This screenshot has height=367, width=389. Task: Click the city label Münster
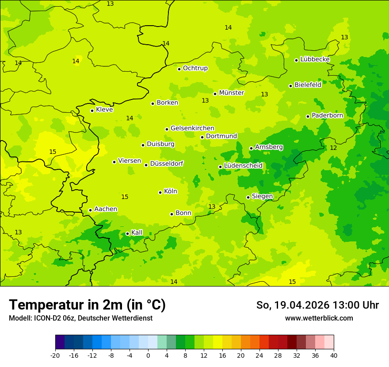tap(232, 93)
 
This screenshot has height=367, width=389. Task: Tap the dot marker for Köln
tap(160, 192)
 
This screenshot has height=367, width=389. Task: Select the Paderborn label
tap(328, 115)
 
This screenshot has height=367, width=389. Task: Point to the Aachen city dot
tap(91, 210)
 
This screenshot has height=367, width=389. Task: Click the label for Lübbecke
tap(315, 59)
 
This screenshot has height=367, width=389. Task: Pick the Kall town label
tap(137, 233)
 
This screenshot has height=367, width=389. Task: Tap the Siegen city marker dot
tap(248, 197)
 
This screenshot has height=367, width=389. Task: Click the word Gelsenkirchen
tap(192, 128)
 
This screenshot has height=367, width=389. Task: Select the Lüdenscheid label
tap(244, 166)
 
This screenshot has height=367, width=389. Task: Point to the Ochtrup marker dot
tap(179, 69)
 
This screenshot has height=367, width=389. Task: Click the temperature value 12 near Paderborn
tap(333, 148)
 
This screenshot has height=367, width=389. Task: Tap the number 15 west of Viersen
tap(53, 152)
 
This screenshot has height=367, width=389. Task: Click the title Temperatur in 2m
tap(87, 305)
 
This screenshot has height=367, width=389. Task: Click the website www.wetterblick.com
tap(319, 318)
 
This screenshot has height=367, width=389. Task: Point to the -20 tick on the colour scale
tap(55, 356)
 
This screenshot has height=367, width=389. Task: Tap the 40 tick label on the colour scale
tap(334, 356)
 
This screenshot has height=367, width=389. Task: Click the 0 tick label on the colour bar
tap(148, 356)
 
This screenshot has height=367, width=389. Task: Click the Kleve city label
tap(105, 110)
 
